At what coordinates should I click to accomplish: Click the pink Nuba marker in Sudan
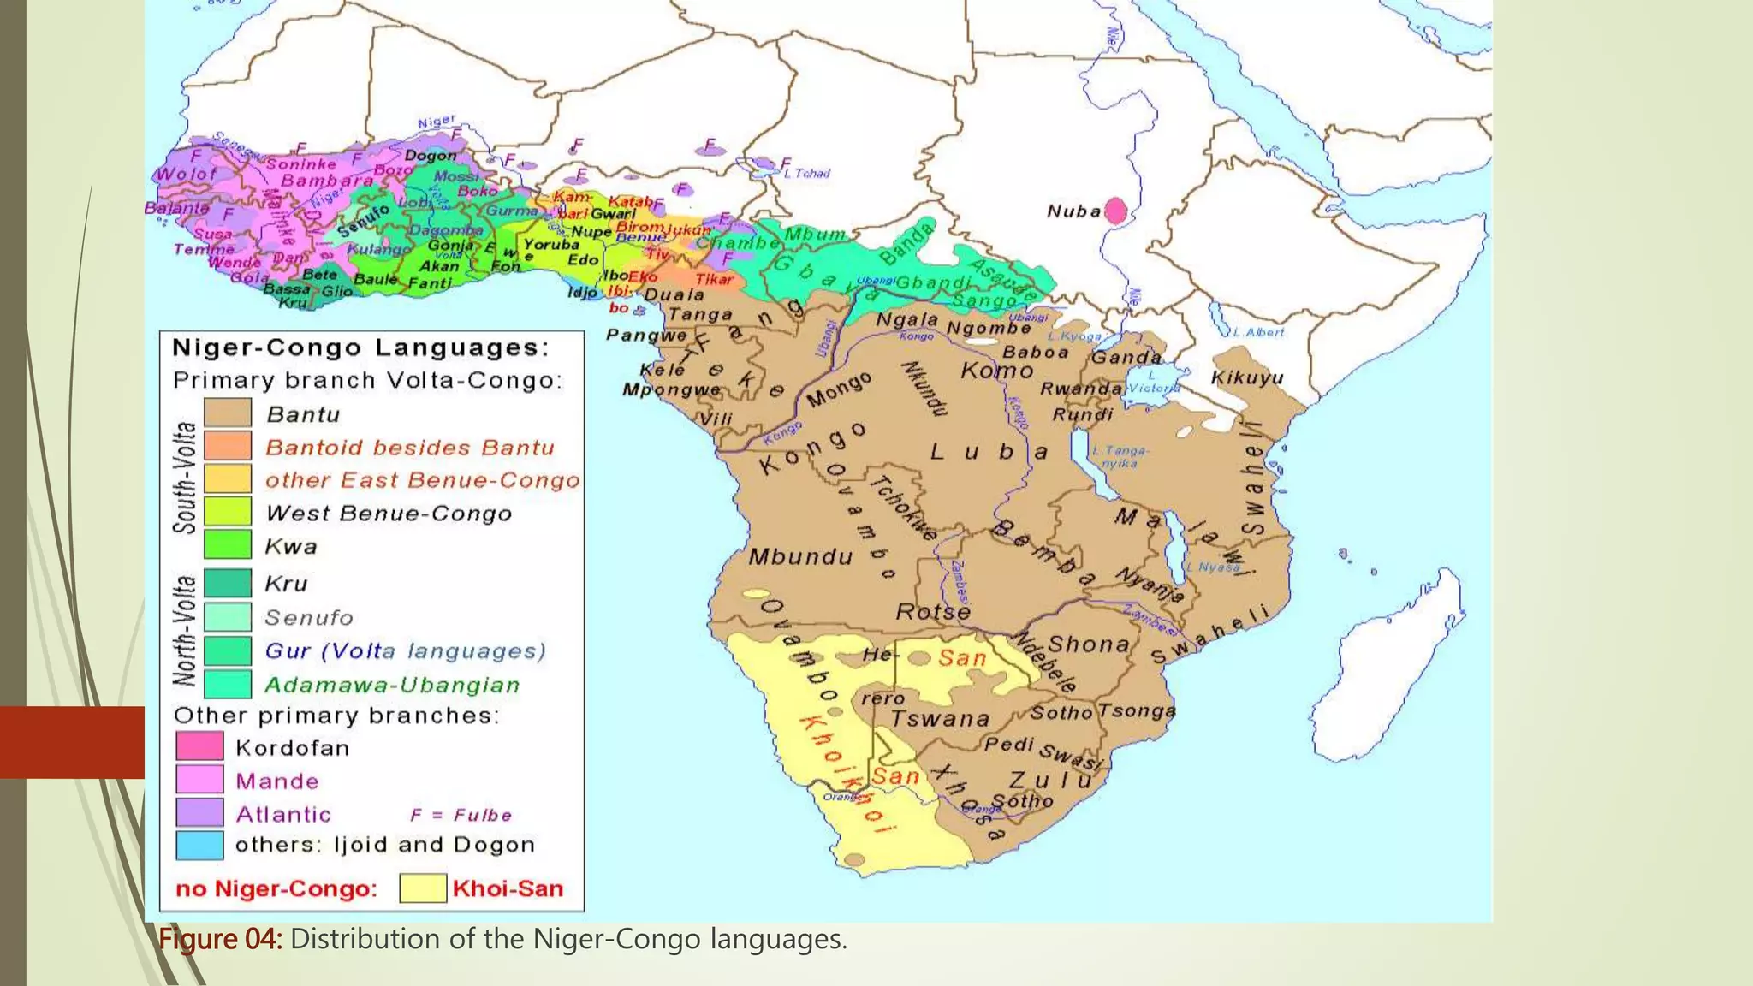[x=1114, y=210]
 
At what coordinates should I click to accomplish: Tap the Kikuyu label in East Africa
[x=1247, y=378]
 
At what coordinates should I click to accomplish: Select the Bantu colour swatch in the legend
[x=228, y=413]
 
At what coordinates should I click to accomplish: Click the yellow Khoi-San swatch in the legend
[x=423, y=888]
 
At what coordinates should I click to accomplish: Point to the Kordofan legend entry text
[x=293, y=748]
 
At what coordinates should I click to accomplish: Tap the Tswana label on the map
[x=941, y=719]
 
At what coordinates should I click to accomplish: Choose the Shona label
[x=1089, y=644]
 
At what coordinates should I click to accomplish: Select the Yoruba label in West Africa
[x=551, y=244]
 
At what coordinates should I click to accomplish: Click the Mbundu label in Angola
[x=801, y=558]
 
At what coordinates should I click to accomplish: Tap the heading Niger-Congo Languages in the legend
[x=360, y=347]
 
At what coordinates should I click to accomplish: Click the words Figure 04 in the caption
[x=220, y=939]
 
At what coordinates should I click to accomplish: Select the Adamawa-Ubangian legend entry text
[x=392, y=686]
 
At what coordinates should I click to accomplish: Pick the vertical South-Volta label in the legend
[x=186, y=478]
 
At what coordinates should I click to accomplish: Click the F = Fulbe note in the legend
[x=461, y=815]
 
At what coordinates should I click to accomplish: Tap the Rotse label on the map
[x=933, y=612]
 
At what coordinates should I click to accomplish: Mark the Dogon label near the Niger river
[x=431, y=156]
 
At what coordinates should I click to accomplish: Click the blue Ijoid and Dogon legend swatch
[x=199, y=845]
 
